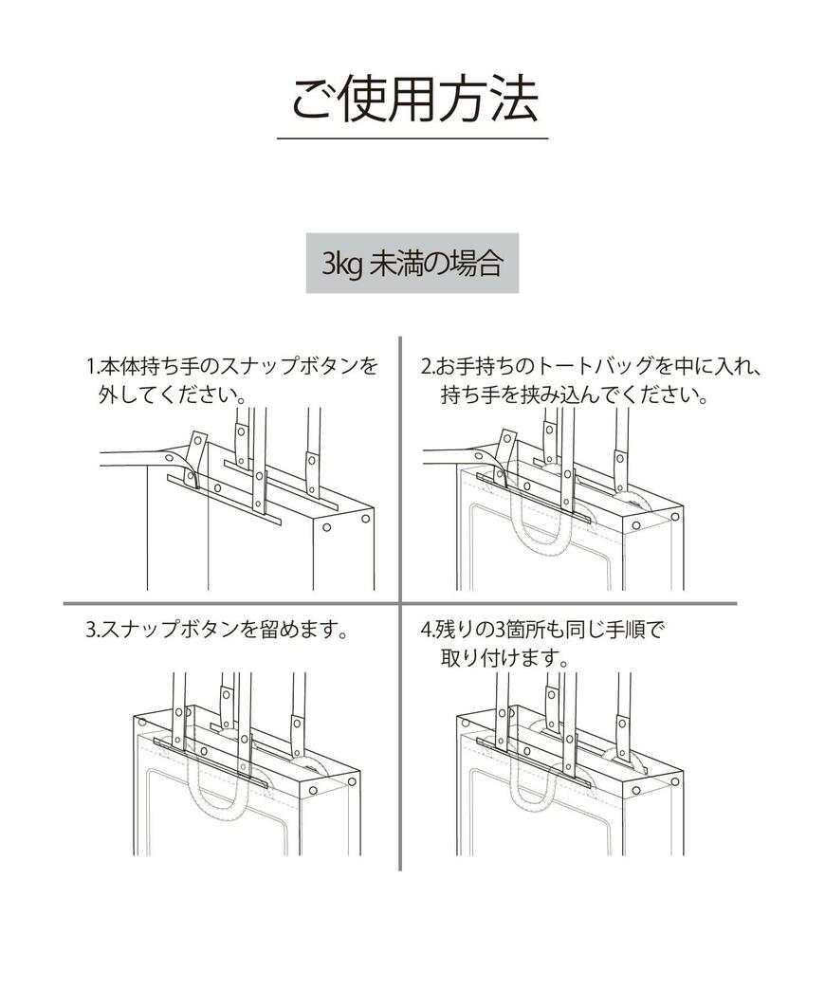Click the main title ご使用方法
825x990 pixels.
412,99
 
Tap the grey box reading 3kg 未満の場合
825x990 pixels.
412,263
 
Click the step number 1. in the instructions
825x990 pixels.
92,366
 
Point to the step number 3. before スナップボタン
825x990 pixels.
92,629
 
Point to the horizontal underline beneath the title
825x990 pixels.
412,138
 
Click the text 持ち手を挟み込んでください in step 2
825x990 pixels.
575,394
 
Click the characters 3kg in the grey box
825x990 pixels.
337,264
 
